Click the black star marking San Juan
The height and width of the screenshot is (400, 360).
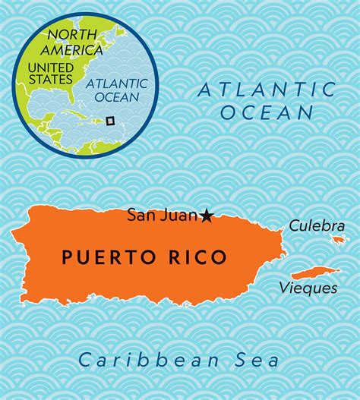pos(207,216)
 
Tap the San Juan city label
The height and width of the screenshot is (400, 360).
pos(164,216)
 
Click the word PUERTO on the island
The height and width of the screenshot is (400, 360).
pos(99,257)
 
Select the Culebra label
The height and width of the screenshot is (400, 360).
pos(312,225)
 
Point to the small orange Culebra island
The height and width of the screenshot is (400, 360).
pos(338,240)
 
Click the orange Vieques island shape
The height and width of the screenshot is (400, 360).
pos(314,272)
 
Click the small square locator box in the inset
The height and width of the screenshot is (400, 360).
pos(109,120)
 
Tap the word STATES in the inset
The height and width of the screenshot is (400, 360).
pos(49,79)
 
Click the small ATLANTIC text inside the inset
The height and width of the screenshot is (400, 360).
pos(112,85)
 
